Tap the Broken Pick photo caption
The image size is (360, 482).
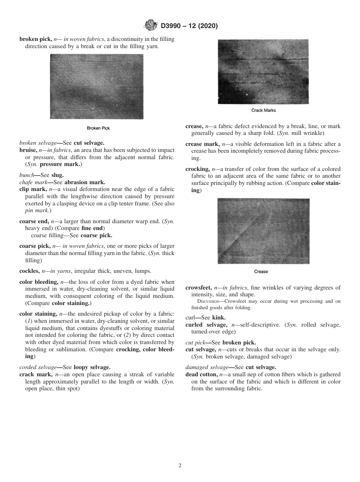(98, 128)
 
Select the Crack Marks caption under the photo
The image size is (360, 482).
(263, 110)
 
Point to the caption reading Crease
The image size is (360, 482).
(261, 271)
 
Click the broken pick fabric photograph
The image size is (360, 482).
(97, 86)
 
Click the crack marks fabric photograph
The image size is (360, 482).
(263, 72)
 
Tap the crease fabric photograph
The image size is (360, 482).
(263, 231)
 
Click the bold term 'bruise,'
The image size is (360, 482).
(28, 150)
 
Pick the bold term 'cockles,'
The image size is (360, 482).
(30, 271)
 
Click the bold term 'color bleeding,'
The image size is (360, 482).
(39, 282)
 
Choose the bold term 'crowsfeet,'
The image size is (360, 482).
(199, 288)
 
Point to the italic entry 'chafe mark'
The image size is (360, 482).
(33, 182)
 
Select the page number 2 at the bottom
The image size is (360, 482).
(180, 466)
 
